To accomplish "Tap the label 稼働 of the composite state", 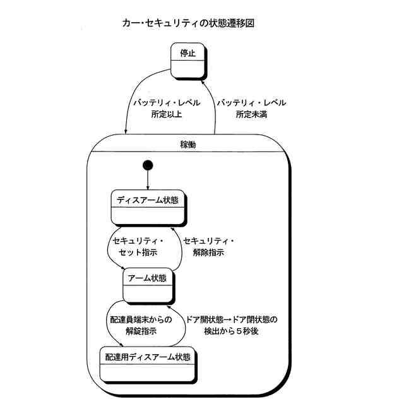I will (x=188, y=145).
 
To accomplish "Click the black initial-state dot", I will (x=148, y=166).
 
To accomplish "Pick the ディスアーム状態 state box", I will (x=148, y=206).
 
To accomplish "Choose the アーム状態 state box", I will (x=148, y=285).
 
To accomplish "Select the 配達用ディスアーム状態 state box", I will (x=148, y=364).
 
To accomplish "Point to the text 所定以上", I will (x=150, y=114).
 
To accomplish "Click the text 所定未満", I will (x=252, y=114).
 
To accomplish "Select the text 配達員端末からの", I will (x=140, y=319).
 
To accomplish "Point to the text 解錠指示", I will (x=140, y=331).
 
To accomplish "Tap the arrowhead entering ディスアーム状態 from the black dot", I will (x=148, y=187).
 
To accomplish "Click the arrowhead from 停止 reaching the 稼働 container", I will (x=126, y=132).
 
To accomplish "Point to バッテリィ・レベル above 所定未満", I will (x=251, y=102).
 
